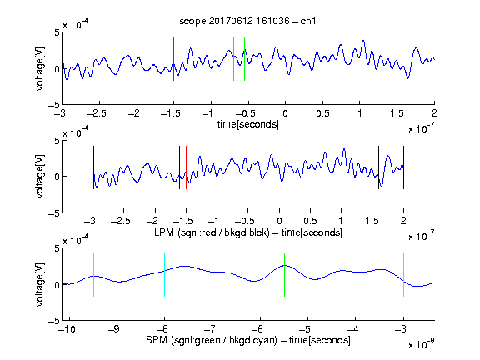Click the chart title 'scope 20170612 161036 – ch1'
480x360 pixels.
tap(247, 21)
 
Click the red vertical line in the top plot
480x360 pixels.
tap(173, 59)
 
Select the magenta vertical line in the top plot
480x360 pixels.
tap(397, 59)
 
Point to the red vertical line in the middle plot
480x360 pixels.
tap(186, 167)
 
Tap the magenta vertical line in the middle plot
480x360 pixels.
tap(372, 167)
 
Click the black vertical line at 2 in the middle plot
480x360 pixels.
tap(403, 167)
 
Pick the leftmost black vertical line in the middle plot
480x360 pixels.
tap(93, 167)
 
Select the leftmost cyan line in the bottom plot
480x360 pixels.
tap(93, 275)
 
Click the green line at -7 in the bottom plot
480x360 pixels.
tap(212, 275)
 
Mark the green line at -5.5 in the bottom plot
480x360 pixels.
tap(284, 275)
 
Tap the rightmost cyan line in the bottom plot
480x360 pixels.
tap(403, 275)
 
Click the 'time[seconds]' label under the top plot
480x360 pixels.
tap(248, 124)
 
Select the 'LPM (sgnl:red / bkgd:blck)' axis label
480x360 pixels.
tap(212, 232)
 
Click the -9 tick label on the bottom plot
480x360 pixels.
tap(114, 329)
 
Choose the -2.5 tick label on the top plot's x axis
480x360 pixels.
tap(96, 113)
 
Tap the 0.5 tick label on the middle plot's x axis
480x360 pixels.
tap(310, 221)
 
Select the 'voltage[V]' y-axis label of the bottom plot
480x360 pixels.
tap(40, 284)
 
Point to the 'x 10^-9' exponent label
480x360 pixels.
tap(421, 344)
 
